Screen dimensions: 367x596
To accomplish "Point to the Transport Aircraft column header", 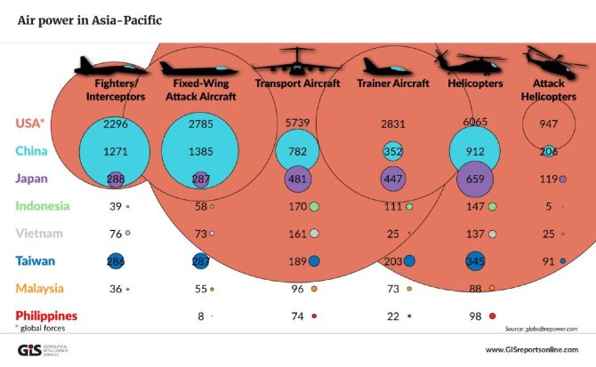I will click(297, 84).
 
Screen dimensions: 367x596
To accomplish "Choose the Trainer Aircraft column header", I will click(392, 84).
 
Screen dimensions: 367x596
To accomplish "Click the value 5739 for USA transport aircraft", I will click(297, 124).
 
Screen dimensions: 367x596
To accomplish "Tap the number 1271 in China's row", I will click(116, 151).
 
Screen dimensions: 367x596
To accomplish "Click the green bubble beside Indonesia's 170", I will click(314, 207).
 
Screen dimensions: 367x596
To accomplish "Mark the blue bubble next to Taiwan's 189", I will click(314, 261).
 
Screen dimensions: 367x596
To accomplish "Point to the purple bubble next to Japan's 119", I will click(562, 179).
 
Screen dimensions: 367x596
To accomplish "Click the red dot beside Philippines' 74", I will click(314, 315).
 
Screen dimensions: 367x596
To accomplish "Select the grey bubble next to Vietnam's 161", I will click(314, 234).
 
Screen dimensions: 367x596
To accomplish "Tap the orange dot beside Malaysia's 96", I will click(314, 289).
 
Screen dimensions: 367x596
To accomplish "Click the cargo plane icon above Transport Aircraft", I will click(297, 61).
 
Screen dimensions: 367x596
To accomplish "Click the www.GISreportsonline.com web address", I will click(534, 349).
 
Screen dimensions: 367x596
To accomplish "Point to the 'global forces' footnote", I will click(44, 328).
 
